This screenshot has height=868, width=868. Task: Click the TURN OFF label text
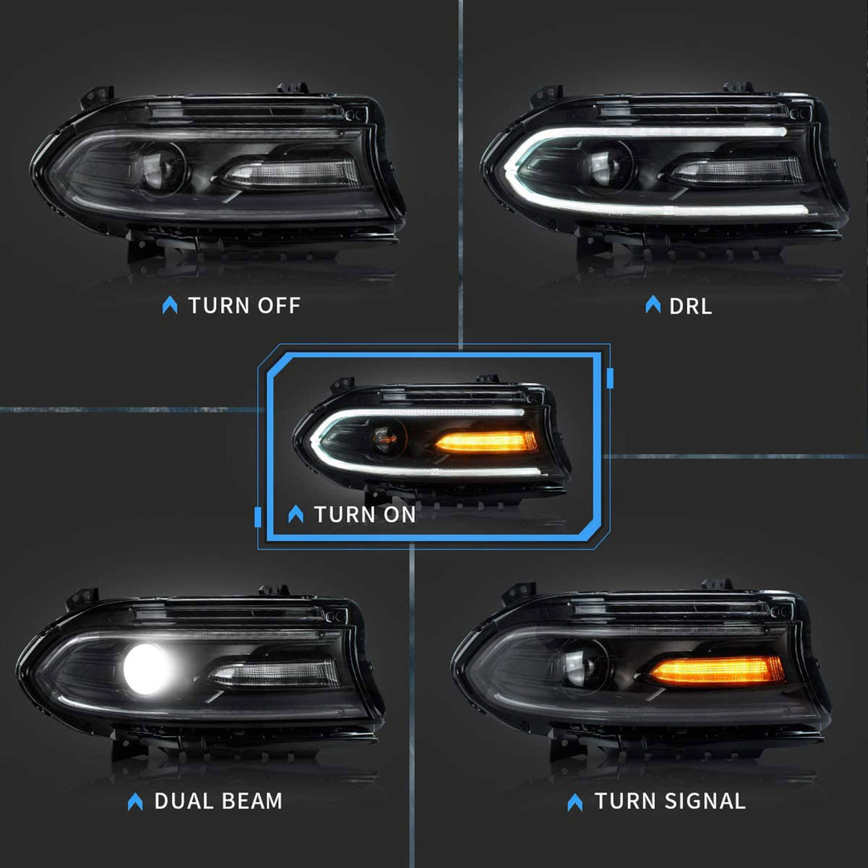(244, 305)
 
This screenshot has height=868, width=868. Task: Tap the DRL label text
(690, 305)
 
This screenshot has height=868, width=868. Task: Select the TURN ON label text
(365, 514)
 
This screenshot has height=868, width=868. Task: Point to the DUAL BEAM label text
(218, 801)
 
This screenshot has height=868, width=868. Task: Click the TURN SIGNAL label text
(669, 801)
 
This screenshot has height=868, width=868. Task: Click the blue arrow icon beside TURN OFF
(170, 305)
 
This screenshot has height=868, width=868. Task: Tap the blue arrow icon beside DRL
(653, 305)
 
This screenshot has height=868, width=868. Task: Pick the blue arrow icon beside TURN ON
(296, 514)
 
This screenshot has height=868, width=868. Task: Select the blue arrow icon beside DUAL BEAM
(135, 801)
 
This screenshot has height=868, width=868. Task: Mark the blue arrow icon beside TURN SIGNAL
(575, 801)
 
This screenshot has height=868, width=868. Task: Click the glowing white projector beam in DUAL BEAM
(148, 669)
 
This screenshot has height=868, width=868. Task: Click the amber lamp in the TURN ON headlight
(485, 441)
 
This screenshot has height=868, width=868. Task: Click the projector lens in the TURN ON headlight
(387, 438)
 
